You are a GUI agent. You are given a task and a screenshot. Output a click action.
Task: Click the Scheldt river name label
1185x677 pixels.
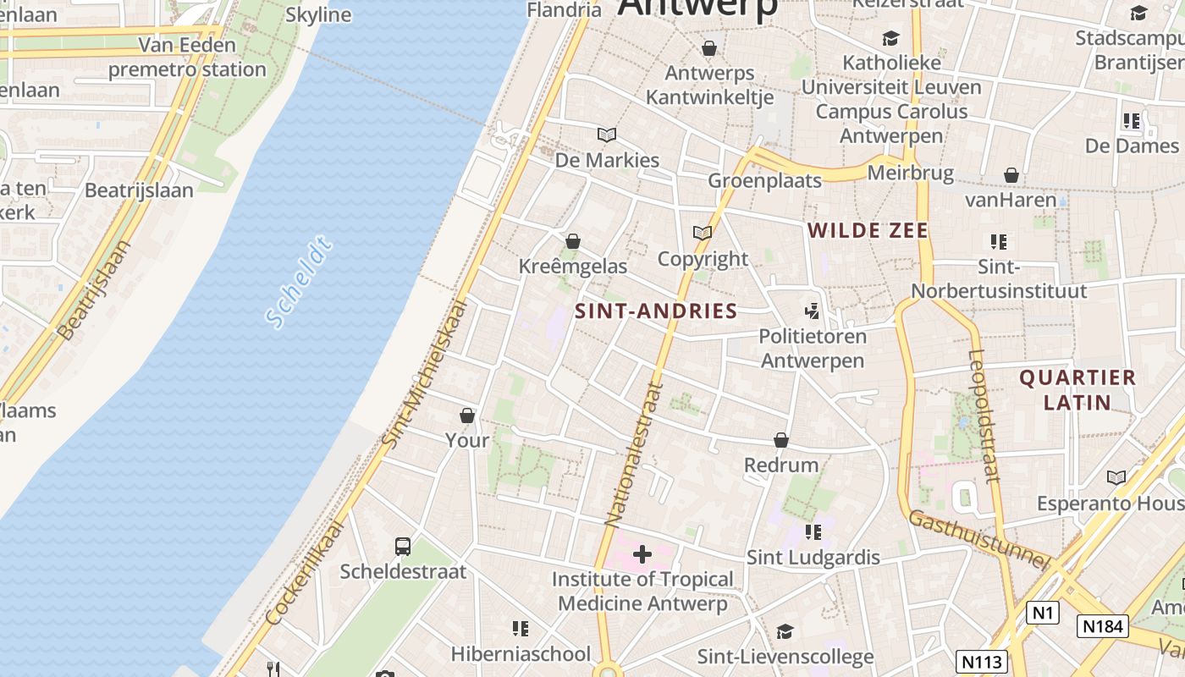[x=299, y=283]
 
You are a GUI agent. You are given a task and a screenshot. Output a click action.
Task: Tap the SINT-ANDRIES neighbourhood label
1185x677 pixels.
[x=656, y=311]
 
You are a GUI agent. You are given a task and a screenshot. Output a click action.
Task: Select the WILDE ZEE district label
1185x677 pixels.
[x=868, y=230]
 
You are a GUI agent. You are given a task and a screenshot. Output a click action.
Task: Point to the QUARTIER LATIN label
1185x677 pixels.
[x=1078, y=389]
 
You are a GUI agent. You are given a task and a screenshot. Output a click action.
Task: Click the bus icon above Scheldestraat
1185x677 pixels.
[x=403, y=547]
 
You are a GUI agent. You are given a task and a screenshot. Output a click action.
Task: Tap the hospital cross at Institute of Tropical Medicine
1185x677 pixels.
[x=642, y=555]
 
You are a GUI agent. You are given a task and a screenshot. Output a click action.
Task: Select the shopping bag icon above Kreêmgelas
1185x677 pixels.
[x=573, y=242]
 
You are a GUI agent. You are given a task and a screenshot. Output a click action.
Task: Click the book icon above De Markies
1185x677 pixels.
[x=607, y=135]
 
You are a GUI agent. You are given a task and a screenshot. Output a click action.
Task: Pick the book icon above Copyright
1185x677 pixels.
[x=703, y=233]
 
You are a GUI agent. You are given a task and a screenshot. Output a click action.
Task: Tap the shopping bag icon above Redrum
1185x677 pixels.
[x=781, y=440]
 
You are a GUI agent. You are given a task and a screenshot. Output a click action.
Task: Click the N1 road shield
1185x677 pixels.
[x=1043, y=612]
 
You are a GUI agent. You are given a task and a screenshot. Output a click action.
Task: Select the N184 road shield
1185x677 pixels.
[x=1103, y=625]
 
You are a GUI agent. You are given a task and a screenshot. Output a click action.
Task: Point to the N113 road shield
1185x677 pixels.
[x=982, y=661]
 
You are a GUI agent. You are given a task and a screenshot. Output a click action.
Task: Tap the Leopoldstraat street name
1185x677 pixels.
[x=985, y=415]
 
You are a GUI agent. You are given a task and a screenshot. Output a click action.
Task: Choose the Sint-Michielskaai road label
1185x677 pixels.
[x=425, y=372]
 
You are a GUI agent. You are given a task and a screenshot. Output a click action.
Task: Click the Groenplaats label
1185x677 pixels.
[x=764, y=180]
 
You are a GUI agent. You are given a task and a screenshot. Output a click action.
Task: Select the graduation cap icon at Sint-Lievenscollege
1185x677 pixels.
[x=785, y=632]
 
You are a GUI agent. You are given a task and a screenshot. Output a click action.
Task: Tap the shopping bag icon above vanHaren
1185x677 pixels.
[x=1011, y=175]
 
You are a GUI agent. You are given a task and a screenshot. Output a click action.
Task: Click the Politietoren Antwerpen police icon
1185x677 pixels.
[x=813, y=311]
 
